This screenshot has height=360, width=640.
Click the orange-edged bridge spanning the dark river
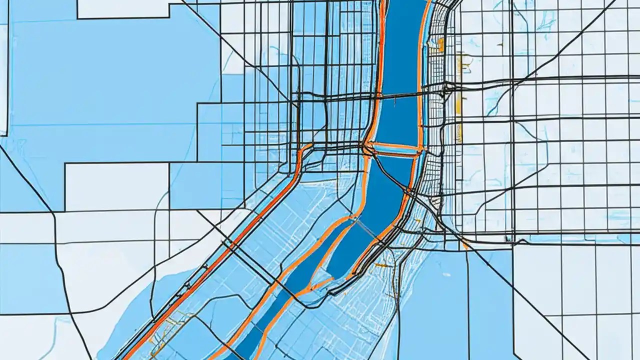[x=395, y=147]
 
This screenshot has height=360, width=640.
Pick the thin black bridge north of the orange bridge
[x=400, y=94]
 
